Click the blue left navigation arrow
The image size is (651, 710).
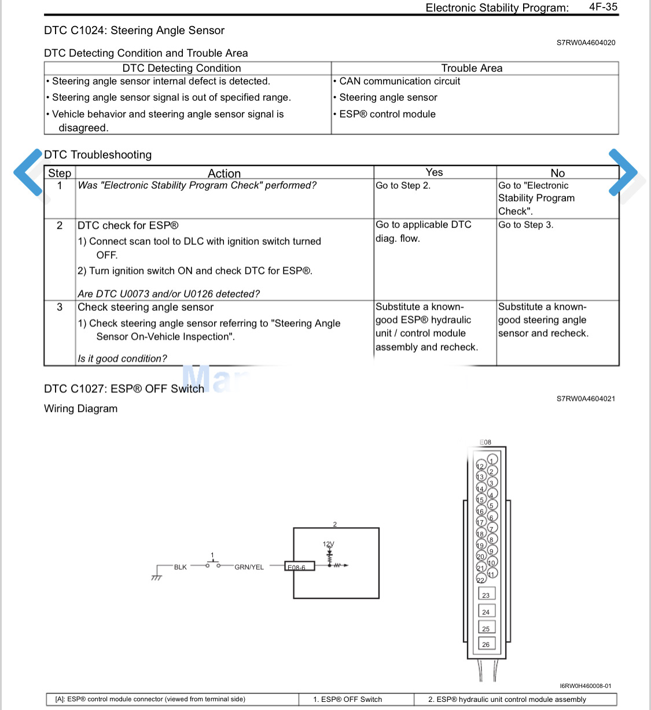28,172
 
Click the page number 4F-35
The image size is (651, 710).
603,7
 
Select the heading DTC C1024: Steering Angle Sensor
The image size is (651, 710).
134,31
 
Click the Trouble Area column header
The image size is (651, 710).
472,68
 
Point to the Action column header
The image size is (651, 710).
224,174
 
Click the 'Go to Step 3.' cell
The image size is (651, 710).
525,225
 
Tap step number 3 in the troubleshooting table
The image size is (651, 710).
60,307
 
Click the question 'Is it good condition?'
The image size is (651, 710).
122,359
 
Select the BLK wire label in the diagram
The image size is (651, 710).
181,567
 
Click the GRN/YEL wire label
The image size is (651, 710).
249,567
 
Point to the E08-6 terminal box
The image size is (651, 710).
300,566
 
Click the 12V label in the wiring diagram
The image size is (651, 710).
328,544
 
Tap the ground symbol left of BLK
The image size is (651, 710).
156,576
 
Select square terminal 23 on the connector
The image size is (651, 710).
486,595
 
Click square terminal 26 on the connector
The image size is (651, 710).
486,644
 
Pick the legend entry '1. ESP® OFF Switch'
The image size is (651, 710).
348,700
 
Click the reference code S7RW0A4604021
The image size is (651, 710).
586,399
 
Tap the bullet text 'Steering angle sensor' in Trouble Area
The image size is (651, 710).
388,98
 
